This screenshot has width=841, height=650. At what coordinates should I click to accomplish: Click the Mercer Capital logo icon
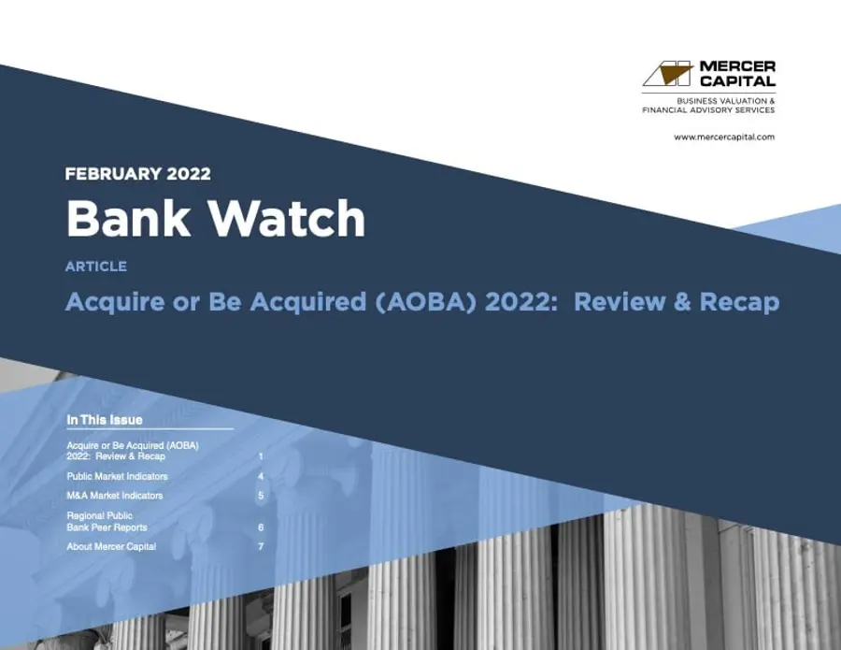tap(670, 74)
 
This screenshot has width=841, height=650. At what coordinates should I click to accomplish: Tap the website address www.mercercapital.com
tap(723, 137)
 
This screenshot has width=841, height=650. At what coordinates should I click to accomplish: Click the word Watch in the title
tap(286, 219)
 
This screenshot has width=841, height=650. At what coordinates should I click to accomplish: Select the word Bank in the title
tap(123, 219)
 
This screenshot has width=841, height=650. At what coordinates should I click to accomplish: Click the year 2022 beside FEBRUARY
tap(186, 174)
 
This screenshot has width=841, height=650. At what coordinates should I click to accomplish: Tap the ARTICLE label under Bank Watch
tap(96, 267)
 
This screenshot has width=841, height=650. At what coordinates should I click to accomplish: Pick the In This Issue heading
tap(105, 419)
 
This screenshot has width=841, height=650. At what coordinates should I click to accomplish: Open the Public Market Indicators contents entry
tap(118, 476)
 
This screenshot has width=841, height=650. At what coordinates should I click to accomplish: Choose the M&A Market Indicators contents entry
tap(115, 495)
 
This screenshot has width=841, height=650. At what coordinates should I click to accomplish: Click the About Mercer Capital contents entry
tap(111, 546)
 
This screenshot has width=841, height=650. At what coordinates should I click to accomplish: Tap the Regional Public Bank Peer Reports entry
tap(107, 522)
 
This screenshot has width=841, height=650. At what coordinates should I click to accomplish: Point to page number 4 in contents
tap(261, 476)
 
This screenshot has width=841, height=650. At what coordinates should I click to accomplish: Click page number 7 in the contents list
tap(261, 546)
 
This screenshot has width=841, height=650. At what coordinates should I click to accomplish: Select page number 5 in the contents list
tap(261, 495)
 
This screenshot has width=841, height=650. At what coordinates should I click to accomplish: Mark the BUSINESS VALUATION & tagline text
tap(728, 100)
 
